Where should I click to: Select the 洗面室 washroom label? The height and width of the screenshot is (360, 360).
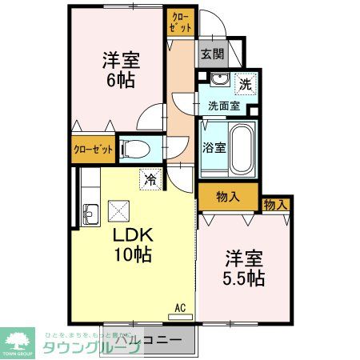click(x=225, y=105)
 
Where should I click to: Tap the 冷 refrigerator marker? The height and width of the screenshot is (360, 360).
click(x=149, y=180)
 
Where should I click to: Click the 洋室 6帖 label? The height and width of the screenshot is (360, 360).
click(x=118, y=70)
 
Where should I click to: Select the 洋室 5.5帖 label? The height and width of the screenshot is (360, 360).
click(x=244, y=270)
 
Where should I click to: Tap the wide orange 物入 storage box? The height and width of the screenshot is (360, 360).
click(x=228, y=196)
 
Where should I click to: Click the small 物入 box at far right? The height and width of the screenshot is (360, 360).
click(x=275, y=206)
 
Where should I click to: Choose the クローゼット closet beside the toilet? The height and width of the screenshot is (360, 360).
click(x=93, y=150)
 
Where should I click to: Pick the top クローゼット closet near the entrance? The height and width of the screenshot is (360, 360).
click(x=181, y=21)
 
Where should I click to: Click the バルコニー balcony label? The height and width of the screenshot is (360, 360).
click(x=152, y=340)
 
